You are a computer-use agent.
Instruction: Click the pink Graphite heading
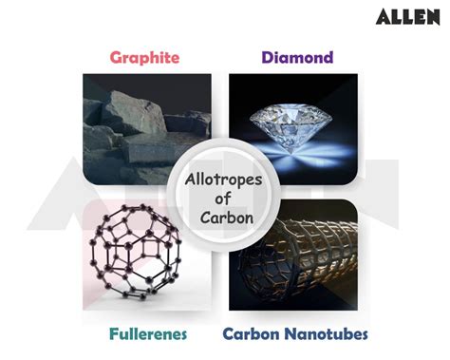(x=144, y=57)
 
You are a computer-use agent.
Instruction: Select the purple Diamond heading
(x=298, y=57)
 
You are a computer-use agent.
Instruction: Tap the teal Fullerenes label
(x=147, y=334)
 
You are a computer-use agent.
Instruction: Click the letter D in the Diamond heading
(x=268, y=57)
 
